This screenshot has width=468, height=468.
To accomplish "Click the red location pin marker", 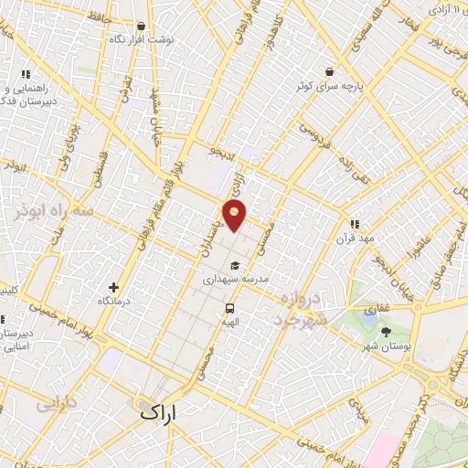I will (x=236, y=216).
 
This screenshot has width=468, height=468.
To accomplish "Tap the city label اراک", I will (x=162, y=413).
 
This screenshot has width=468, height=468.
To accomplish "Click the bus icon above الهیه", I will (x=229, y=308).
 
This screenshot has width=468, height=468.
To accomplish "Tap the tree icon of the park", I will (x=386, y=332).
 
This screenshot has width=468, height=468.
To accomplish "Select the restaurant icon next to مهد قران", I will (x=356, y=222).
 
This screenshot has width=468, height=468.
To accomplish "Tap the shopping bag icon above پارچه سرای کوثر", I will (x=328, y=70).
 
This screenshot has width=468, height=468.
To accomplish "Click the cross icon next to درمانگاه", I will (x=113, y=286).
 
